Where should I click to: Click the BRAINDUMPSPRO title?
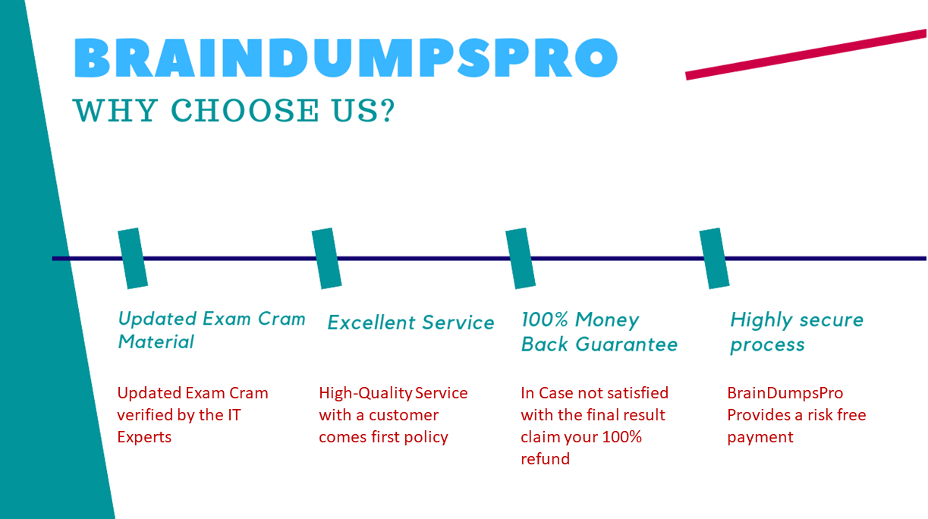point(346,57)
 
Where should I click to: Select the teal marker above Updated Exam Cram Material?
point(133,258)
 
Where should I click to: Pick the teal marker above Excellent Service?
point(327,258)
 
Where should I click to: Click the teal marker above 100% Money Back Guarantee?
point(521,258)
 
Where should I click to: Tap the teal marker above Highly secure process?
point(714,258)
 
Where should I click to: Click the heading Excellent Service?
point(411,322)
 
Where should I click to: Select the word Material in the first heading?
point(156,342)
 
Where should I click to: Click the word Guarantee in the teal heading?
point(626,344)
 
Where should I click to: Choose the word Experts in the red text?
point(144,437)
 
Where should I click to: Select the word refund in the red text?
point(545,459)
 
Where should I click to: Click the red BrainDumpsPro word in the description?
point(785,393)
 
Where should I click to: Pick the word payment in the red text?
point(760,437)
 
